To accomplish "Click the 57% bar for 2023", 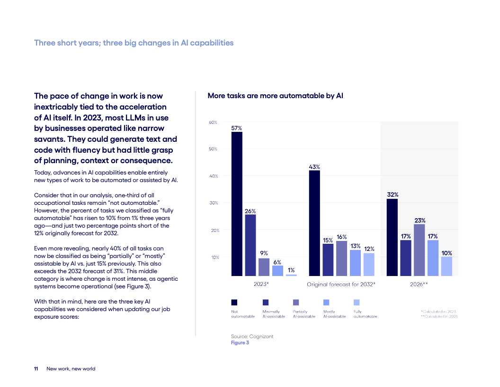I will [x=237, y=204].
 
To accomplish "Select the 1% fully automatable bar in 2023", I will [x=291, y=275].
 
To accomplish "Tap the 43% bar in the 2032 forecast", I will [x=314, y=223].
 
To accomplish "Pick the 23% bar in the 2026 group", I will [x=419, y=250].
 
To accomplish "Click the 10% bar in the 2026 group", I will [x=446, y=266].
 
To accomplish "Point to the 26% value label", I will [x=250, y=211].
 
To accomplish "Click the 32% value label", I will [x=393, y=194].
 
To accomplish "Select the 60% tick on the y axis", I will [x=213, y=122].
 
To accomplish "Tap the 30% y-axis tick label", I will [x=213, y=203].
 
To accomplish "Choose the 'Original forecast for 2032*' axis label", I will [x=341, y=285].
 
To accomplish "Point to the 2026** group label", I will [x=419, y=285].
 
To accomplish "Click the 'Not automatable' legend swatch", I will [x=234, y=302].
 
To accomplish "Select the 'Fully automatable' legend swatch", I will [x=357, y=302].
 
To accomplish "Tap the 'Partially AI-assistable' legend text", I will [x=304, y=314].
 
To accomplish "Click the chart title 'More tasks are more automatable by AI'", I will [x=275, y=96].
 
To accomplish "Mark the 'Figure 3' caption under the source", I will [x=240, y=342].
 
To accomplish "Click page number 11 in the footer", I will [x=36, y=369].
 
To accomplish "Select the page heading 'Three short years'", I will [x=134, y=43].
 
